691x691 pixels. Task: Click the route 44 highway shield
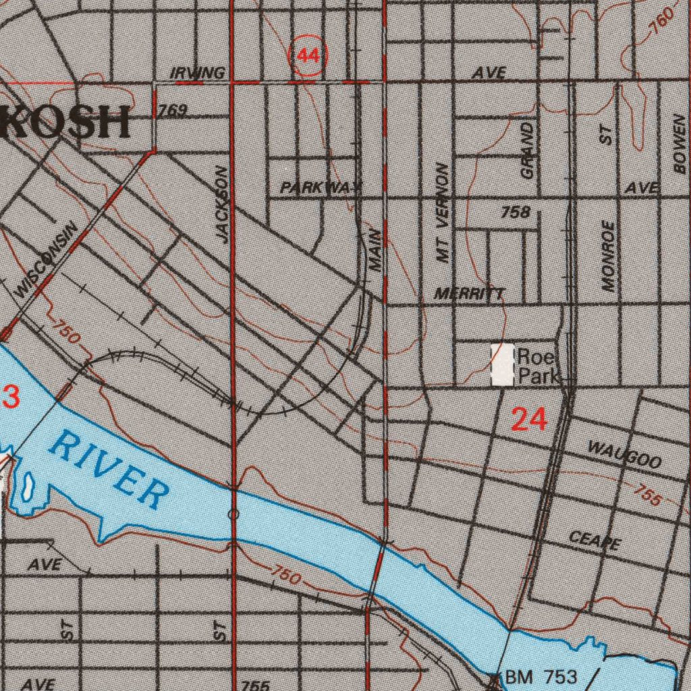tap(308, 56)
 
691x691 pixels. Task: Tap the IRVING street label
tap(197, 73)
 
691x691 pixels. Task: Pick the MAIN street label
tap(375, 251)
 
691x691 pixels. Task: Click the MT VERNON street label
tap(443, 213)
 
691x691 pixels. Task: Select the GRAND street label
tap(527, 150)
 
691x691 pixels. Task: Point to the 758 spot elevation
tap(516, 213)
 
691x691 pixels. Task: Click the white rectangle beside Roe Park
tap(502, 364)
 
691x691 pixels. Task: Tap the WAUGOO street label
tap(624, 455)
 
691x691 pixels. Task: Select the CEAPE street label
tap(595, 540)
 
